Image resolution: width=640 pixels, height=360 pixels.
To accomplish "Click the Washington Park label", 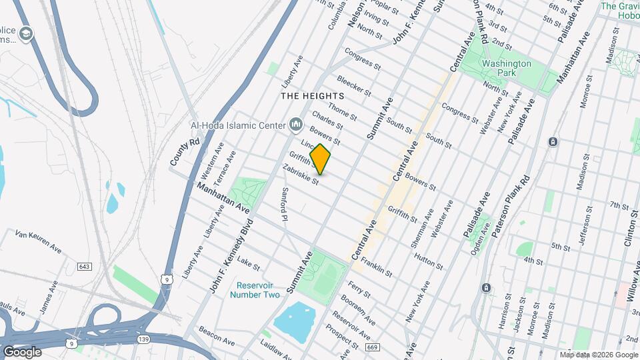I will click(507, 69).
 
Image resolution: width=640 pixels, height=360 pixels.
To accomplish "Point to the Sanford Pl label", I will click(285, 204).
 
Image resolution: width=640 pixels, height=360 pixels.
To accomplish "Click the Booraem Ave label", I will click(353, 309).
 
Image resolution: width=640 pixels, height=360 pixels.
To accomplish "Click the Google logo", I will click(22, 352).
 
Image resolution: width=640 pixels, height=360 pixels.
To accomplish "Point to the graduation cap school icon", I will click(27, 34).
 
